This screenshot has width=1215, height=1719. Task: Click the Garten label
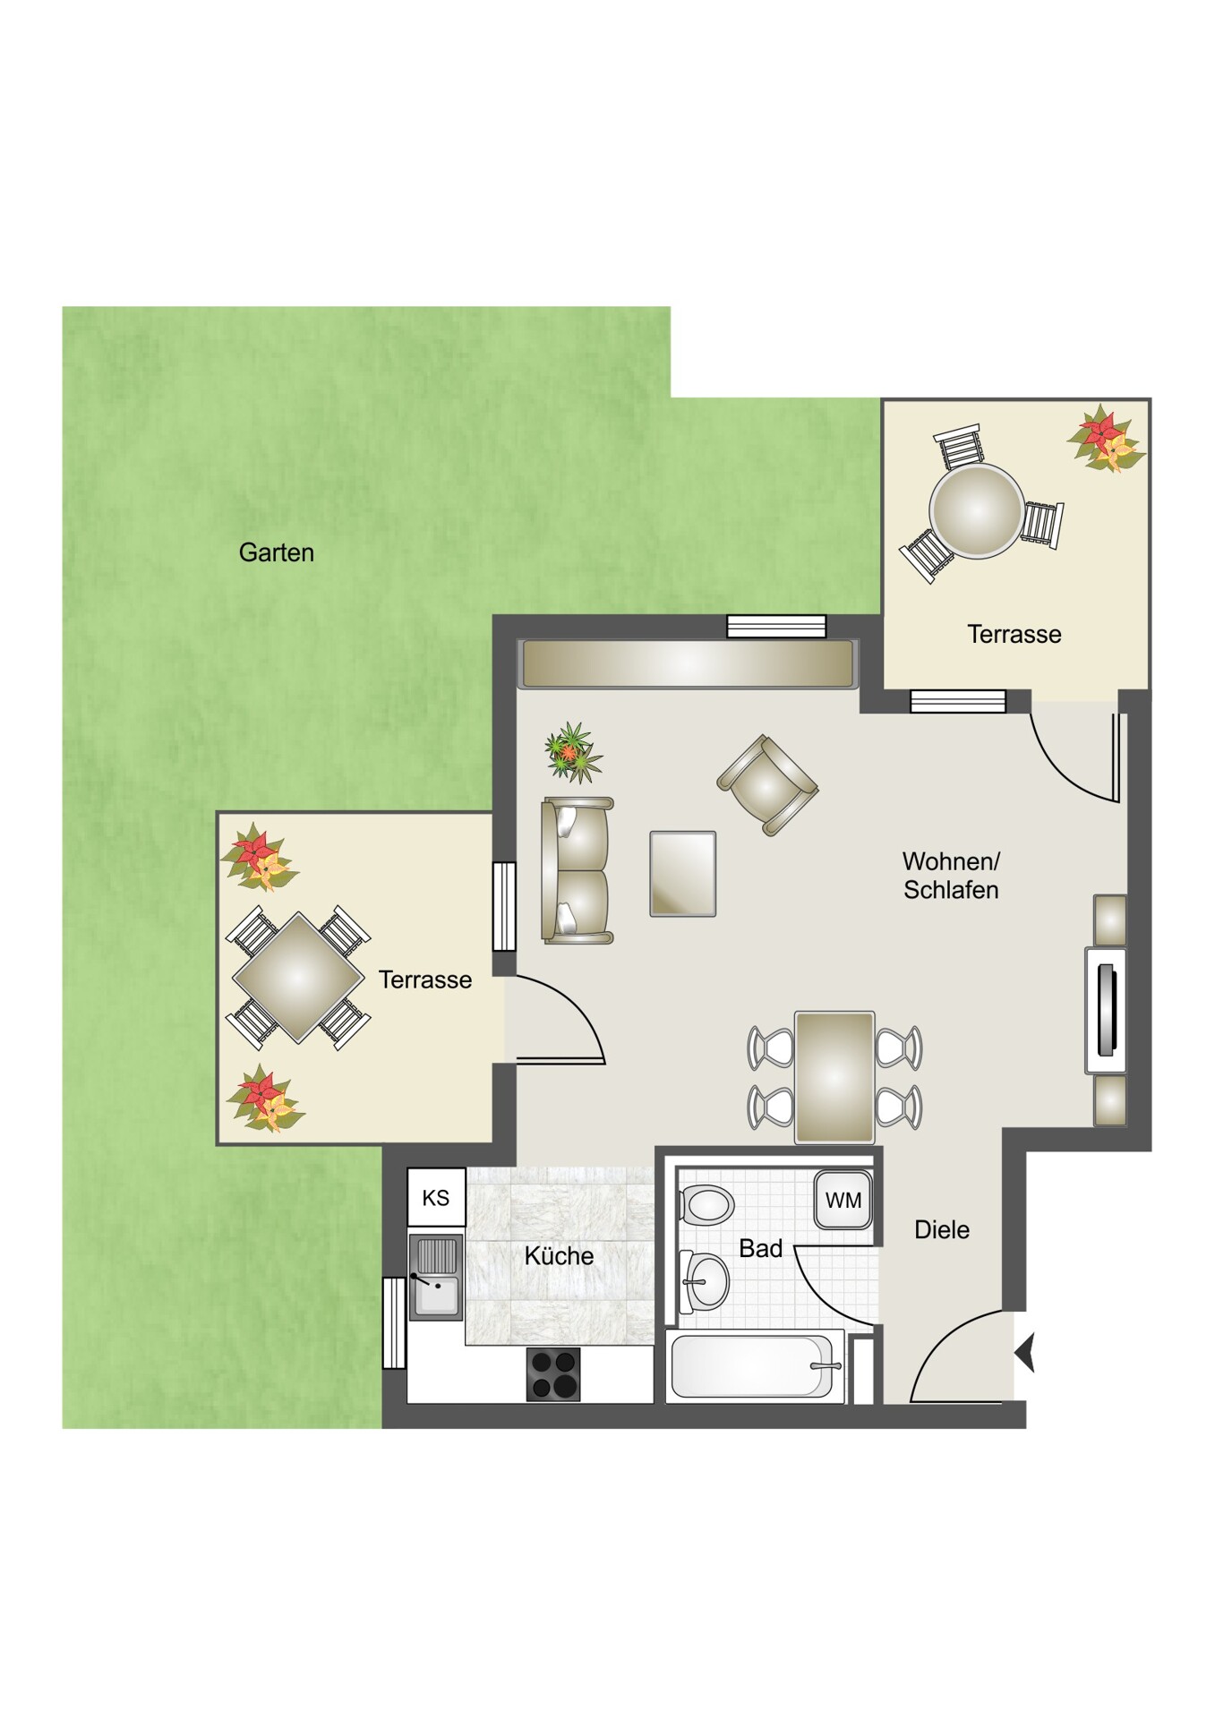click(276, 552)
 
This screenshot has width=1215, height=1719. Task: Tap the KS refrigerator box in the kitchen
click(436, 1197)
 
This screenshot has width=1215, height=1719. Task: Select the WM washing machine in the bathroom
click(843, 1201)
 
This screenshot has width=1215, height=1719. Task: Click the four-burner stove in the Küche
click(553, 1373)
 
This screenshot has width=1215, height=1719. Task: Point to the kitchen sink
click(436, 1278)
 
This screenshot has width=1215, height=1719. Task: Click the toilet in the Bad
click(706, 1204)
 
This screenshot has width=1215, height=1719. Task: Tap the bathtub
click(756, 1366)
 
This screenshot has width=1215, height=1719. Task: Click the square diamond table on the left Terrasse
click(298, 978)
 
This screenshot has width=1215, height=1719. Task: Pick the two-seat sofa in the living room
click(578, 870)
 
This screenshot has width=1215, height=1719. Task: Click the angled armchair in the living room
click(767, 785)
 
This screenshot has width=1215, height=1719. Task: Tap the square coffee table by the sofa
click(683, 874)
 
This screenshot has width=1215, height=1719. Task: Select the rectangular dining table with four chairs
click(834, 1078)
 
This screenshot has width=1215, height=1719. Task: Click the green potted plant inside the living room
click(573, 753)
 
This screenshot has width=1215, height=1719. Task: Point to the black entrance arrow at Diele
click(1025, 1352)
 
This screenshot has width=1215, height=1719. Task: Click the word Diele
click(942, 1230)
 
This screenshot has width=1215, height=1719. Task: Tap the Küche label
click(559, 1256)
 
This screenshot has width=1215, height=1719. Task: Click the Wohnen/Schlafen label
click(951, 876)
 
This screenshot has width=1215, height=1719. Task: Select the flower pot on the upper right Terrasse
click(1105, 439)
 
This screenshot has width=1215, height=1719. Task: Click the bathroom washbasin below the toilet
click(706, 1280)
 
